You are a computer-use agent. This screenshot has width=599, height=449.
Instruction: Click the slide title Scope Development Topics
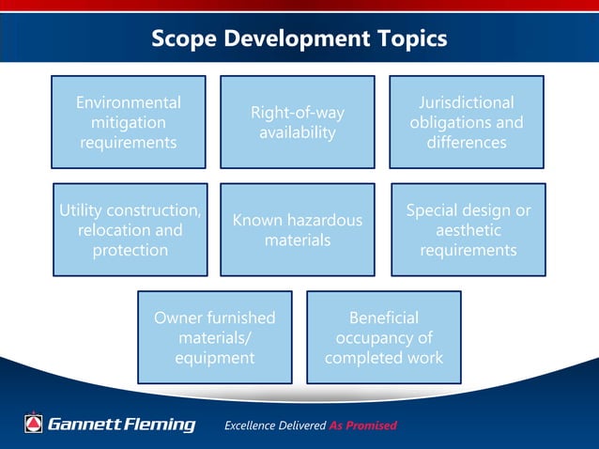coord(299,39)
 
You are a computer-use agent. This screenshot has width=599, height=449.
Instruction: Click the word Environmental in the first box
coord(129,102)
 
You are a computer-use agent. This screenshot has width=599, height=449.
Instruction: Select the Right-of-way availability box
coord(298,123)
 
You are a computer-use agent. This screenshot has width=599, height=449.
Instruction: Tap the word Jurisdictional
coord(467,102)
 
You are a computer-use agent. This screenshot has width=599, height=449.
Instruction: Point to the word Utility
coord(80,209)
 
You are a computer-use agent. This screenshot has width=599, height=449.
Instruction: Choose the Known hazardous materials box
coord(298,230)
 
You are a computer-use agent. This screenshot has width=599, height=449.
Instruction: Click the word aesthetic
coord(468,230)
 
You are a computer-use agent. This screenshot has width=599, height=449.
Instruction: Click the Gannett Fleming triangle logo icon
coord(34,424)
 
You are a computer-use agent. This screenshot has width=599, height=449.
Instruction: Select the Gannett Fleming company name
coord(122,425)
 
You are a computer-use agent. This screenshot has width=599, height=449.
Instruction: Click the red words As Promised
coord(363,426)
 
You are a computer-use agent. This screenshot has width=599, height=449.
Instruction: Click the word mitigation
coord(129,123)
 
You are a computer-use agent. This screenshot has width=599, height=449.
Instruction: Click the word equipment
coord(215,359)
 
